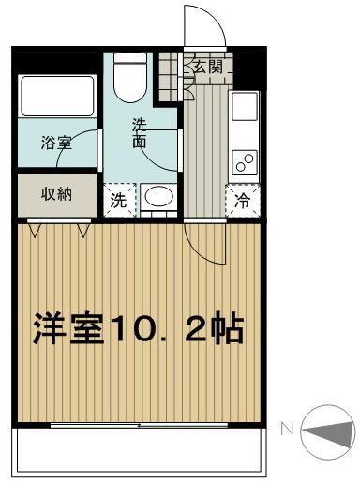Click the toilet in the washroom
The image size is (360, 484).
coord(130,76)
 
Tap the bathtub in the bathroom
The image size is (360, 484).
coord(57,96)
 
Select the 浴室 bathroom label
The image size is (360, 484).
coord(56,144)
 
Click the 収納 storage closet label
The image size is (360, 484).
coord(56,194)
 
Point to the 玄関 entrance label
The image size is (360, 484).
coord(208,67)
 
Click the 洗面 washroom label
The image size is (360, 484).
coord(140,133)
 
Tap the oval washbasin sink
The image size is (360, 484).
coord(158,197)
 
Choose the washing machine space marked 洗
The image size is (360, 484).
coord(119,201)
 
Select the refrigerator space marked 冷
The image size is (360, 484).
coord(243,201)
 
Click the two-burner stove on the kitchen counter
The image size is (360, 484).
coord(245,163)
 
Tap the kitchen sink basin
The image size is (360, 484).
coord(245,106)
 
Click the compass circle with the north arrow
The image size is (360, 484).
coord(328,432)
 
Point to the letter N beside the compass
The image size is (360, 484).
coord(287,429)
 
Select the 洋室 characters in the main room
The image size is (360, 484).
coord(68,329)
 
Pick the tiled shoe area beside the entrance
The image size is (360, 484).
coord(171,76)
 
